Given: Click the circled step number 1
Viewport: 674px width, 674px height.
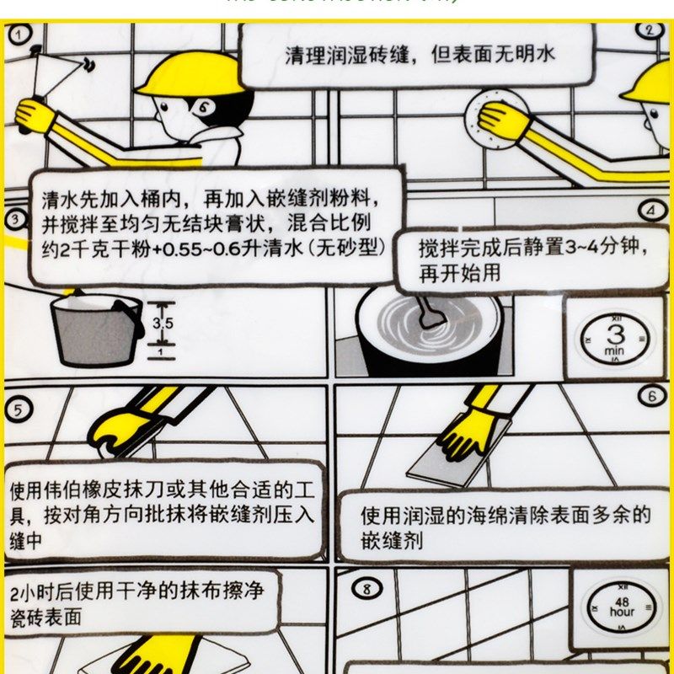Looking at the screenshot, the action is click(x=18, y=34).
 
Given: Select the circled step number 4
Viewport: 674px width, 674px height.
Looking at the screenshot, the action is click(x=652, y=211).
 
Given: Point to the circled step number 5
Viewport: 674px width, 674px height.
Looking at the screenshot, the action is click(x=18, y=409).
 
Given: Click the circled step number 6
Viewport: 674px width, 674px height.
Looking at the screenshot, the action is click(x=651, y=395).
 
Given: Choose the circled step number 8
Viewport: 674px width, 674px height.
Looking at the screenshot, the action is click(x=366, y=589).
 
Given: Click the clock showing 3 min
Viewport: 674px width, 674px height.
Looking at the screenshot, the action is click(x=614, y=338).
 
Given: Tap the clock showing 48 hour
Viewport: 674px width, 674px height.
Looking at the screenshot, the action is click(x=622, y=607).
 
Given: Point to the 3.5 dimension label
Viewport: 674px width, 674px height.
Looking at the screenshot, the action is click(x=163, y=324).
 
